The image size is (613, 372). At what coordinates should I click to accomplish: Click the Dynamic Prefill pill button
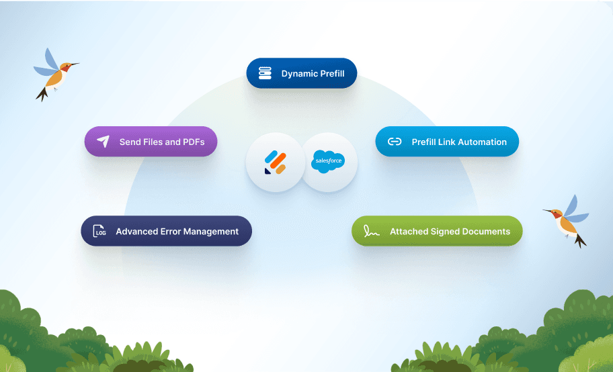301,73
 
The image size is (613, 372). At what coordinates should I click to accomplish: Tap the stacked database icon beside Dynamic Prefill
265,73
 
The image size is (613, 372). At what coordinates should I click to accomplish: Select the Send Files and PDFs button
151,142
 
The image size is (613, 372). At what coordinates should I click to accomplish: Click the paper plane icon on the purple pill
103,142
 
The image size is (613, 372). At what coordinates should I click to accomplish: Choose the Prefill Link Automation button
447,142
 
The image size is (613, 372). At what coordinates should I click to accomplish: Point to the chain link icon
395,142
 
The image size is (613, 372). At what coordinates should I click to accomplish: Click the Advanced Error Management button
167,231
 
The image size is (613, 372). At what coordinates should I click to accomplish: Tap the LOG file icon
99,231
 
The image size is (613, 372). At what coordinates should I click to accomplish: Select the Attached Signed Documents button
437,231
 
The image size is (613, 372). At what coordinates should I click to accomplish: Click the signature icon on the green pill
372,232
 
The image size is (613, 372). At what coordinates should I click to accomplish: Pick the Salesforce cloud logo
328,161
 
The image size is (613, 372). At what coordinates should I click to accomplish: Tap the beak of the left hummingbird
75,64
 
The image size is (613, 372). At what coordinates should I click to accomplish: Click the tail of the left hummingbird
42,94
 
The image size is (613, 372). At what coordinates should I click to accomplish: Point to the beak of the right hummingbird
547,211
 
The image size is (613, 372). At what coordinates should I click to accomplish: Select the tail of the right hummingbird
580,240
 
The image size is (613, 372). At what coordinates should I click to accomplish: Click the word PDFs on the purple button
194,142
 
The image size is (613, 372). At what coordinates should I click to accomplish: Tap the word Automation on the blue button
483,142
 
